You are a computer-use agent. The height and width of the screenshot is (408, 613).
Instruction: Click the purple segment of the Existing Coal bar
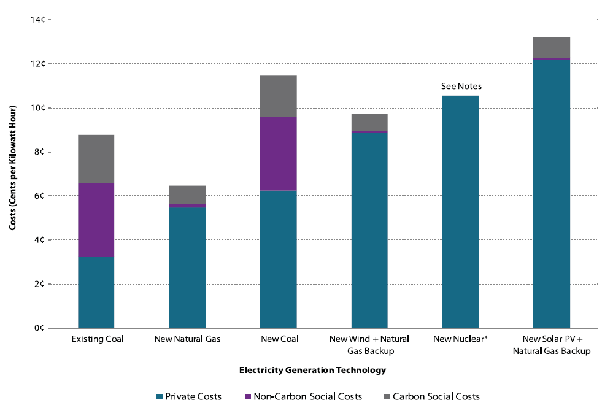[96, 220]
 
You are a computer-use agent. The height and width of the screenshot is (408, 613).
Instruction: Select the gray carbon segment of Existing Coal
[96, 159]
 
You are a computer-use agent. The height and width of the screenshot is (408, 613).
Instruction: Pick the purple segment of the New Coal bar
[278, 154]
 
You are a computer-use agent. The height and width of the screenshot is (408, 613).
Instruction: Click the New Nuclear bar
[460, 212]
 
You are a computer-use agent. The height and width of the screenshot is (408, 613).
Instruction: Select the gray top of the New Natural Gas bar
[187, 194]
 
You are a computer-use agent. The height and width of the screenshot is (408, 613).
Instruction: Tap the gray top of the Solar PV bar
[551, 47]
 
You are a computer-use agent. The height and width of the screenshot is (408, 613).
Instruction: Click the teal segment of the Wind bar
[369, 230]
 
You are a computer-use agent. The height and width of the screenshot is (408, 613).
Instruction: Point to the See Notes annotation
[461, 87]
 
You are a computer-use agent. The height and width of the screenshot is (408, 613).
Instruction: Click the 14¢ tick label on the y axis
[38, 20]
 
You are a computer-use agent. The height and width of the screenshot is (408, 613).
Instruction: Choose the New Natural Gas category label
[187, 339]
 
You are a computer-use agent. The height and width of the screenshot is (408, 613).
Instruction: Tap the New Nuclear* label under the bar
[460, 339]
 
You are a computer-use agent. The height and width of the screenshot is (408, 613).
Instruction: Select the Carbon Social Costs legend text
[436, 397]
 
